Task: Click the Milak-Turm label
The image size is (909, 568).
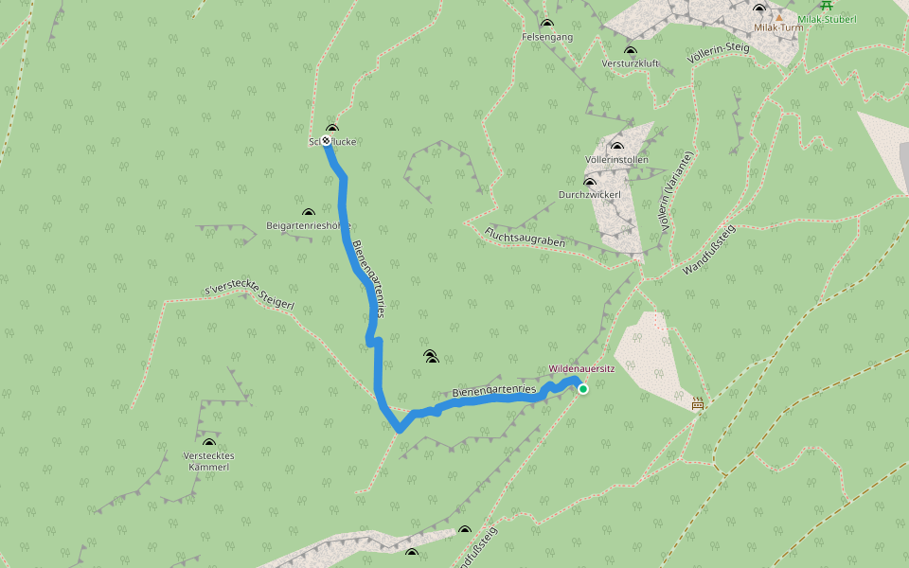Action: [778, 28]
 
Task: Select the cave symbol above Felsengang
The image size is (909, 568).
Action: [546, 25]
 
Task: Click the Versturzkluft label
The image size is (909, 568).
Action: [630, 63]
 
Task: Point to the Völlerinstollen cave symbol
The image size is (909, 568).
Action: [617, 147]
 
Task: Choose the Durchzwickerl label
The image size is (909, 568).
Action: [589, 195]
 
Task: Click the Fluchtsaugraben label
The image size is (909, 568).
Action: [525, 237]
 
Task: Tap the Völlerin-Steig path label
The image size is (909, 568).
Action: [720, 53]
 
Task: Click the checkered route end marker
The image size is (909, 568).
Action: [326, 140]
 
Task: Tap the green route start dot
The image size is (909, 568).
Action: [583, 388]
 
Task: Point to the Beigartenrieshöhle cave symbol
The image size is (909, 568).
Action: [308, 214]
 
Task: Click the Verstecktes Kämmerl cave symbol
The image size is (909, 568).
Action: [208, 442]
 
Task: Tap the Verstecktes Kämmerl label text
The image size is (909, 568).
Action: [208, 461]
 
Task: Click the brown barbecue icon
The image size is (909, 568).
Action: [698, 403]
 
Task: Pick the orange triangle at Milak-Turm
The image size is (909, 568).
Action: [779, 17]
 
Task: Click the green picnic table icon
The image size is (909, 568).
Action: [827, 5]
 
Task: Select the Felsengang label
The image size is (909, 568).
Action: [547, 37]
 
